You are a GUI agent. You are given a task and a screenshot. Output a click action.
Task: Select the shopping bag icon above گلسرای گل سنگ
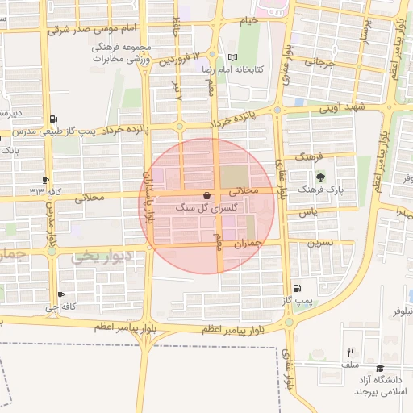click(207, 195)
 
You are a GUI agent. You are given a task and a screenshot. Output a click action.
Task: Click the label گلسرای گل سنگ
click(207, 208)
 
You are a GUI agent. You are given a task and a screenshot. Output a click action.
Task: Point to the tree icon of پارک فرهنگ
click(322, 177)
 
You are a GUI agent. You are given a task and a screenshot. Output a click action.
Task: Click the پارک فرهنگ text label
click(322, 190)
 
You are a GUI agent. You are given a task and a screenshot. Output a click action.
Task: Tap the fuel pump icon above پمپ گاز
click(298, 288)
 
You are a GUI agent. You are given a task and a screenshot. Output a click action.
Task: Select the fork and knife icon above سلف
click(349, 353)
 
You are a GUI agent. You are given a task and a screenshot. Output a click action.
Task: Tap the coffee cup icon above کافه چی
click(60, 295)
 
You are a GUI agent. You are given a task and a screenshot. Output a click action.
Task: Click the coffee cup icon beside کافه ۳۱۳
click(45, 179)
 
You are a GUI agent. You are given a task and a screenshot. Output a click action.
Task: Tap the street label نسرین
click(319, 243)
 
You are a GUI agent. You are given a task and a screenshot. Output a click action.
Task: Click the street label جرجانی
click(319, 62)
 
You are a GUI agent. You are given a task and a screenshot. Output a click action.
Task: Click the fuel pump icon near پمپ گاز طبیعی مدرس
click(53, 118)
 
